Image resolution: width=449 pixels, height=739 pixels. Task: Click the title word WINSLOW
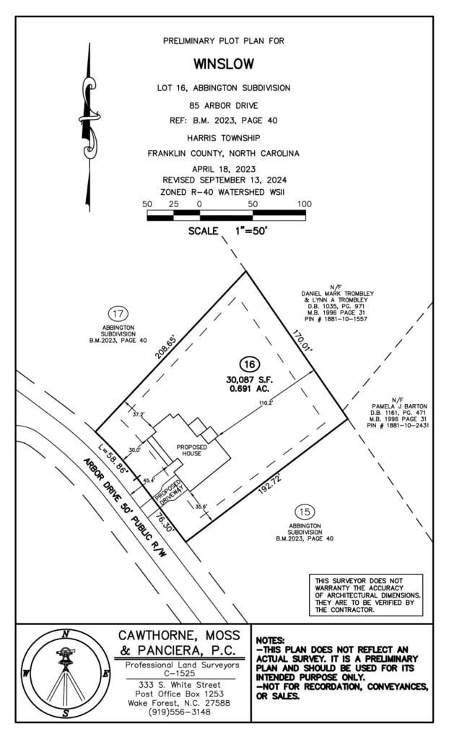[224, 64]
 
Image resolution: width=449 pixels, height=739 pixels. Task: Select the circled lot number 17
[118, 313]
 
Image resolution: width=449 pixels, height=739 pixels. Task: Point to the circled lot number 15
[305, 512]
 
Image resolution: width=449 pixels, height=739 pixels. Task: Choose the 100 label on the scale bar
[304, 204]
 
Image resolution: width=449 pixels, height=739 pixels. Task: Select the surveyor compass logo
[66, 674]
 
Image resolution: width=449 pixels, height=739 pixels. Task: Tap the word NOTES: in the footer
[270, 640]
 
